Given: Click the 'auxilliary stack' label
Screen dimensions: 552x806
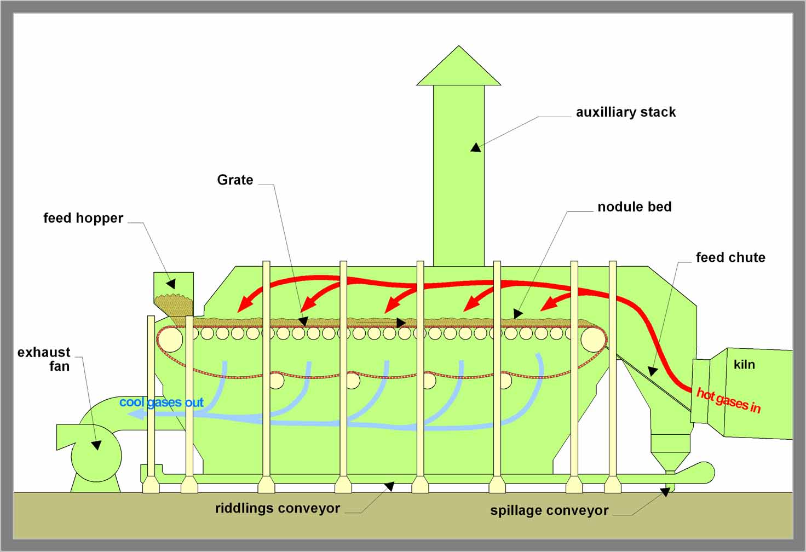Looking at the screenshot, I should [625, 112].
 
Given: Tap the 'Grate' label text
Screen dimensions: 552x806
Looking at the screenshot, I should [235, 180].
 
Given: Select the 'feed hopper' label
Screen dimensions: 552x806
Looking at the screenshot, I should [83, 218].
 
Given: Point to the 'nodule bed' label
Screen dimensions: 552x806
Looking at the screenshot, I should [634, 207].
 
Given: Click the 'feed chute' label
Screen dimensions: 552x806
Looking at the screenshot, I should [730, 257].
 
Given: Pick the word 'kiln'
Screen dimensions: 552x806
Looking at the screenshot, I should [744, 365].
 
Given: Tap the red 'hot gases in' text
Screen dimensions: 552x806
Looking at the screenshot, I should [728, 400].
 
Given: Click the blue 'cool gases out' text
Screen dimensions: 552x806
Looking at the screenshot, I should [161, 403].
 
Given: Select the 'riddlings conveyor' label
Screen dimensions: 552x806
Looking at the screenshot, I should [277, 508].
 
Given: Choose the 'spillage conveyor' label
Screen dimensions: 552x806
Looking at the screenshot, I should [549, 510].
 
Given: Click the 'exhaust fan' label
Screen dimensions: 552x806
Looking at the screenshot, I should [44, 359].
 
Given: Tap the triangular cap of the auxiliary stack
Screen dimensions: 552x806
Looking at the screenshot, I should [459, 68].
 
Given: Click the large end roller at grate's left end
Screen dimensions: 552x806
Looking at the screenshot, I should [170, 340].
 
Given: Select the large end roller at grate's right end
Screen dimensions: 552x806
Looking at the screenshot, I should [592, 340].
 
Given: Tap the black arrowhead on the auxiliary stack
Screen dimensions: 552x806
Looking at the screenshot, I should [476, 147].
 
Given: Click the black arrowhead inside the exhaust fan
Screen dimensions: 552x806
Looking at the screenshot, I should [96, 445].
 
